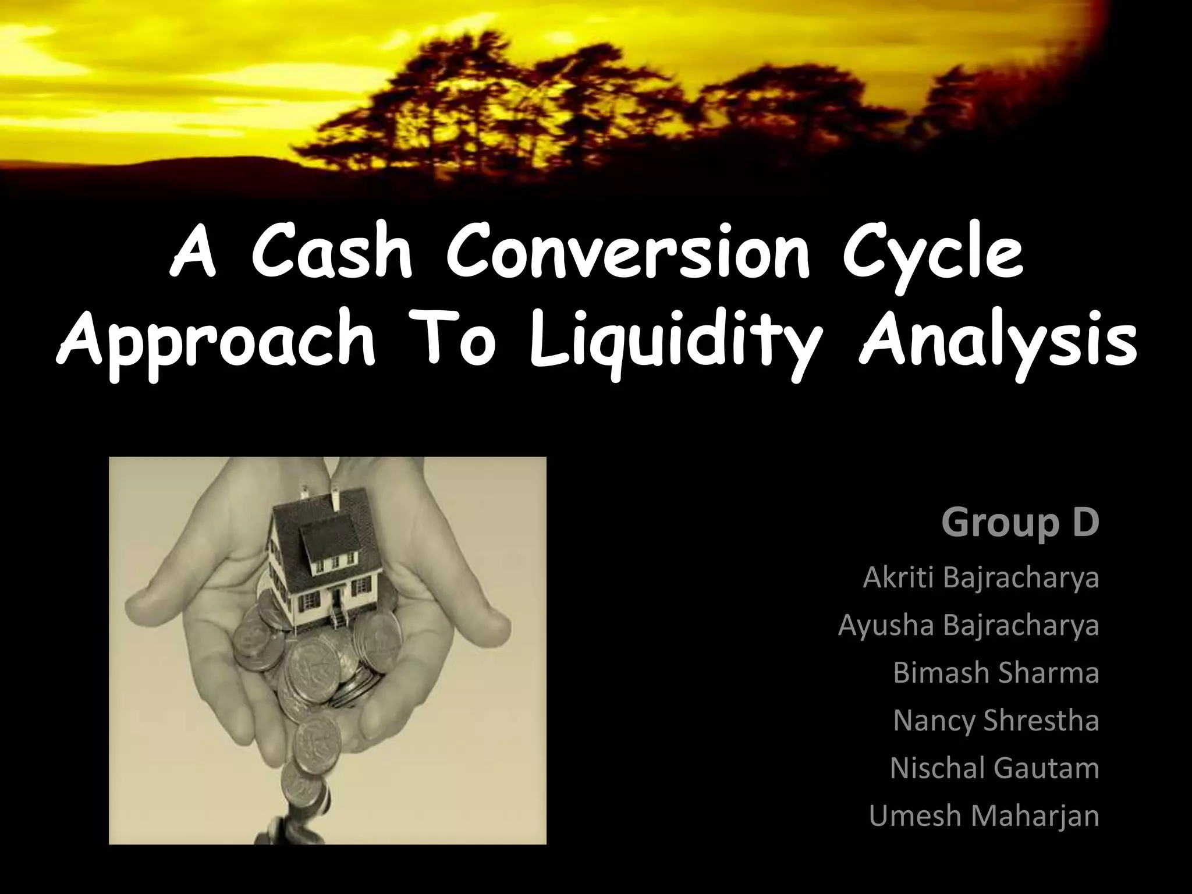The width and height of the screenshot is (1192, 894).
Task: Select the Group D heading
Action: point(1020,522)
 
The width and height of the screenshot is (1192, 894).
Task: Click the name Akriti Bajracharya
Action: point(981,578)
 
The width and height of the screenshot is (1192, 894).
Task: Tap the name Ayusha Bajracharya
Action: point(968,625)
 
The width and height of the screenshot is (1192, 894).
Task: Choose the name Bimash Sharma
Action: point(996,673)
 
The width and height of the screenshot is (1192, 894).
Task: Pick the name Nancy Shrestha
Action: point(996,721)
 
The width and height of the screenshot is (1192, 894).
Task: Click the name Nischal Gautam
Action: point(994,768)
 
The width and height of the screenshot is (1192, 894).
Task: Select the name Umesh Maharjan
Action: point(984,815)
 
